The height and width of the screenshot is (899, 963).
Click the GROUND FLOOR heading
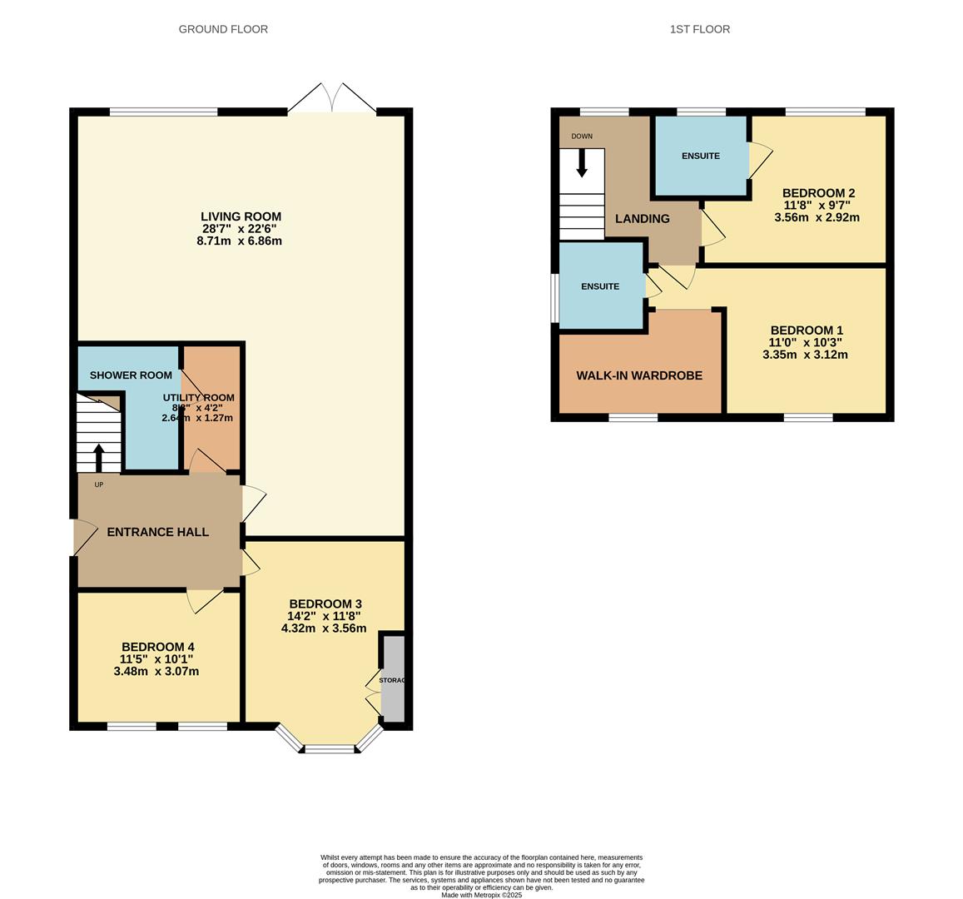click(223, 29)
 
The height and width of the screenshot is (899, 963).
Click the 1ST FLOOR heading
click(699, 29)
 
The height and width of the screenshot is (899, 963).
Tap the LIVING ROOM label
click(241, 216)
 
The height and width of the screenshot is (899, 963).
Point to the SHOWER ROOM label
click(131, 375)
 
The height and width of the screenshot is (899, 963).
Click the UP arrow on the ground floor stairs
click(99, 458)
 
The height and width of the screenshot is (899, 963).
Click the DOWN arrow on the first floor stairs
click(582, 161)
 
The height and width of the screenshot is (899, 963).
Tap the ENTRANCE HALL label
click(157, 533)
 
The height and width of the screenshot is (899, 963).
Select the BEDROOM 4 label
click(157, 647)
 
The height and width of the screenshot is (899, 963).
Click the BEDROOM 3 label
click(325, 603)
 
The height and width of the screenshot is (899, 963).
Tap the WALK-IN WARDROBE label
click(639, 375)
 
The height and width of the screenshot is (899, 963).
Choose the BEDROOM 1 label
click(806, 330)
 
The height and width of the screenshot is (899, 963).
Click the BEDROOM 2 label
click(819, 193)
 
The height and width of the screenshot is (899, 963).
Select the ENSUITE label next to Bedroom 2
click(700, 156)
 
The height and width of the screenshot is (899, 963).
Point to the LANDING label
click(642, 219)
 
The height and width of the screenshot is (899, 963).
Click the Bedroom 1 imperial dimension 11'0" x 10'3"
click(805, 342)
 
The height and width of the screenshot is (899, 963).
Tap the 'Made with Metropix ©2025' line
click(481, 895)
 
